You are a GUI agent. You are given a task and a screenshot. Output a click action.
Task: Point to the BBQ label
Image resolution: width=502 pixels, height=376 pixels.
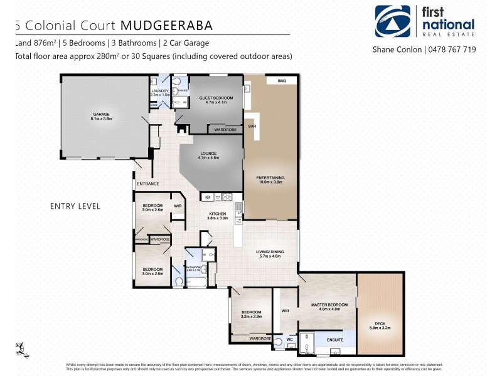tap(272, 81)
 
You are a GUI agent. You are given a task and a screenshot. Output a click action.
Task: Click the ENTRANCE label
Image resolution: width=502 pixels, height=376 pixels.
tap(147, 184)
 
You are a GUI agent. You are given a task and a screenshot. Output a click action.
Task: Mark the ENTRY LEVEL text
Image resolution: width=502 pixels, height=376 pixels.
tap(75, 206)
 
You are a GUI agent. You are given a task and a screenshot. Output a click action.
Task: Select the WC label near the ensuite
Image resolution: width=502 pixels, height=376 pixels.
tap(289, 340)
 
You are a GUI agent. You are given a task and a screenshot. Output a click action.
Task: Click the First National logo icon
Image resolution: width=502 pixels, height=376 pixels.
tap(392, 21)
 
